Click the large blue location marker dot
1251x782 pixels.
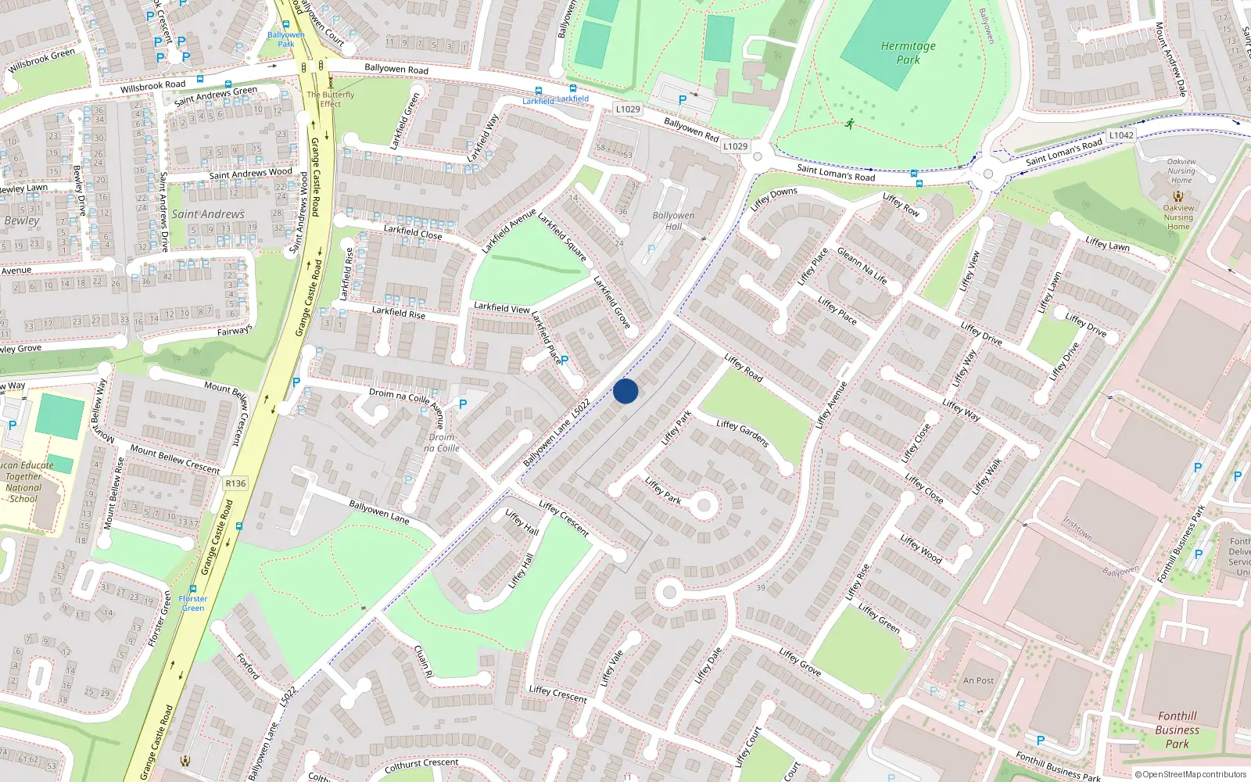coord(625,391)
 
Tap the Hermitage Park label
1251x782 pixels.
coord(908,52)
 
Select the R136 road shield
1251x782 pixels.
coord(235,483)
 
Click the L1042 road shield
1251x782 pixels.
coord(1121,135)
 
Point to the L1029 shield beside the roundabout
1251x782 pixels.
coord(735,146)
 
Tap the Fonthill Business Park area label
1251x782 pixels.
coord(1177,730)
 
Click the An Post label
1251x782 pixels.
coord(978,680)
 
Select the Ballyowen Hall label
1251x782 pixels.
coord(673,221)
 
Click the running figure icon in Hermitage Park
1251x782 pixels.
coord(849,124)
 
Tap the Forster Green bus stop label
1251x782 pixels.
coord(192,603)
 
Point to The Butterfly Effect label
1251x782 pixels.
coord(330,99)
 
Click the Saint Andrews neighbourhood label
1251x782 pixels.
coord(208,214)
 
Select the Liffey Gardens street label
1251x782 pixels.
coord(743,433)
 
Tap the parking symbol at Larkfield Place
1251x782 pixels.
coord(565,361)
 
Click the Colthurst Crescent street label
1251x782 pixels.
coord(421,764)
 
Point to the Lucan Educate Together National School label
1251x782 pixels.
coord(25,482)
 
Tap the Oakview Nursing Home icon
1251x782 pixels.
coord(1178,196)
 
